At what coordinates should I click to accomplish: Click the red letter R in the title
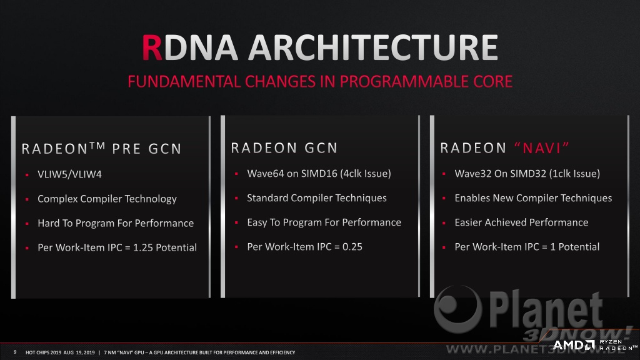[x=152, y=47]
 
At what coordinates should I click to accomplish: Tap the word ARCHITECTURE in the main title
[x=373, y=47]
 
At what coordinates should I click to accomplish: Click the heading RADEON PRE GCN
[x=101, y=148]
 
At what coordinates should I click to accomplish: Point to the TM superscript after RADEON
[x=97, y=145]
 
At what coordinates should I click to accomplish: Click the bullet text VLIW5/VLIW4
[x=69, y=174]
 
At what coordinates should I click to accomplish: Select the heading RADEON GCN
[x=284, y=147]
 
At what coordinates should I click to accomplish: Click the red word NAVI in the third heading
[x=542, y=147]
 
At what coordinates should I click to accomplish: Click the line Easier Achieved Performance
[x=521, y=222]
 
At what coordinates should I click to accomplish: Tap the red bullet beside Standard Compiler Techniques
[x=236, y=198]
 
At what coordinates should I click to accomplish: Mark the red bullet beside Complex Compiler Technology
[x=27, y=199]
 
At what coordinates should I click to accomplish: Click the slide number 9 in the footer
[x=15, y=352]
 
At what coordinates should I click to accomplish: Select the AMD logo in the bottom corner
[x=574, y=345]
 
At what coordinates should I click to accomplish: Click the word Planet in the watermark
[x=546, y=309]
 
